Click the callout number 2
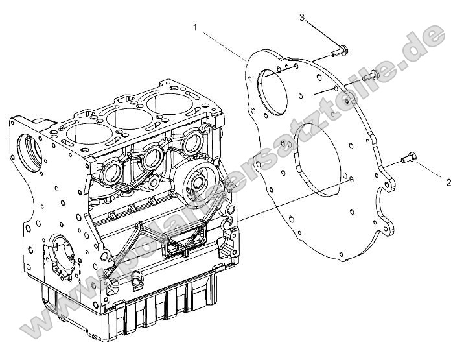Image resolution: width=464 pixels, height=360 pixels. [x=448, y=182]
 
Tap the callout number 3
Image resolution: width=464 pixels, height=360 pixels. [x=303, y=18]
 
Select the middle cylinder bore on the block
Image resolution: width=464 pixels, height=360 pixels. [x=125, y=119]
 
